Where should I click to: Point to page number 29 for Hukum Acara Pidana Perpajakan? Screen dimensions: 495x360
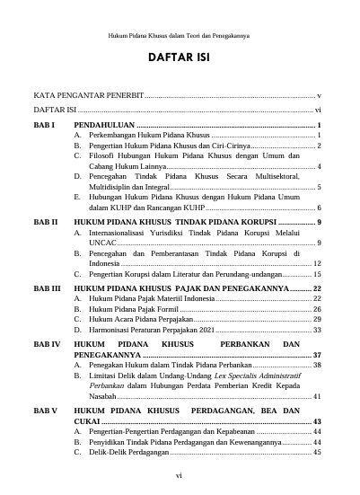(317, 319)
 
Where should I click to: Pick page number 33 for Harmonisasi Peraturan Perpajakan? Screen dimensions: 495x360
(317, 330)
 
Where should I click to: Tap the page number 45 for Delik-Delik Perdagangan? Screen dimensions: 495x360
(317, 453)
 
